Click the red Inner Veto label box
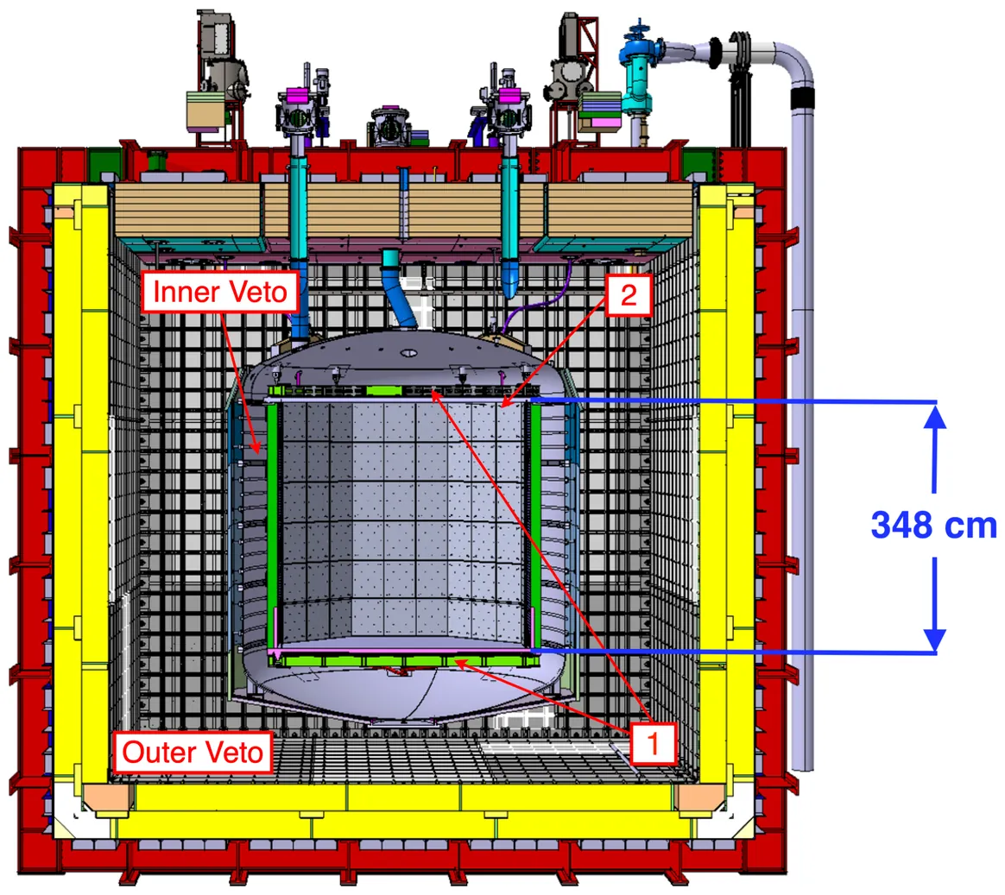[x=220, y=292]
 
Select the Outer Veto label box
[x=193, y=752]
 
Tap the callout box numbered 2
[x=629, y=294]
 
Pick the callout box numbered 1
[x=653, y=743]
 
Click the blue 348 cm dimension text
[x=934, y=526]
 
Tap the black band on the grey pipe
[x=802, y=98]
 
